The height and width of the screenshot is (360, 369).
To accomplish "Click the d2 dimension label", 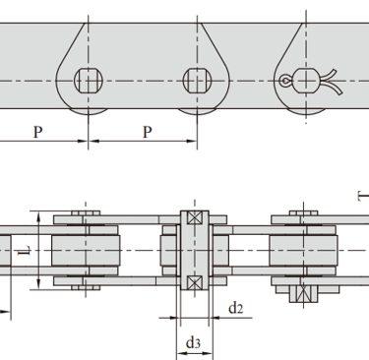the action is pos(236,308).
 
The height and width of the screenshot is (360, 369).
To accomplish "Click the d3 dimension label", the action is pos(193,343).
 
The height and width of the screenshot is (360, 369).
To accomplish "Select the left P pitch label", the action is pos(38,132).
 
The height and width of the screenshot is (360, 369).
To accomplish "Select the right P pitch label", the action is pos(148,132).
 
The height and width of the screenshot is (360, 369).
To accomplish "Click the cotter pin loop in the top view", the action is pos(284,81).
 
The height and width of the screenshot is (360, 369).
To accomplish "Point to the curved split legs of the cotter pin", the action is pos(331,82).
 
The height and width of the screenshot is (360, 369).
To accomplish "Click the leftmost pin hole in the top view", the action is pos(89,81).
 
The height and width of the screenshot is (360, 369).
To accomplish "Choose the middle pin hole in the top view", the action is pos(197,81).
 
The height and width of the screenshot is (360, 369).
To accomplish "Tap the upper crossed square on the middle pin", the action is pos(195,217).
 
